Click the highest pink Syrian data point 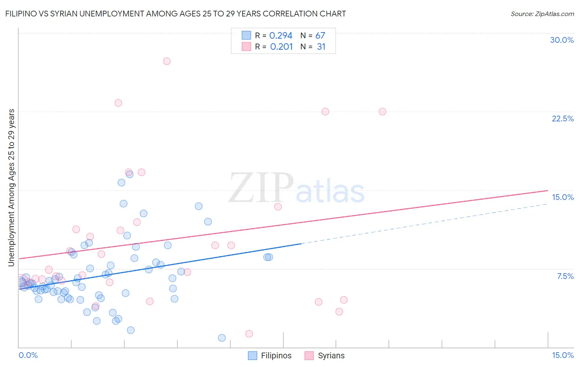pyautogui.click(x=167, y=61)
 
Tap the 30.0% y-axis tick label pyautogui.click(x=562, y=40)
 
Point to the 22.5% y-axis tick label pyautogui.click(x=563, y=118)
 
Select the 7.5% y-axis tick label pyautogui.click(x=565, y=276)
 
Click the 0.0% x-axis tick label pyautogui.click(x=28, y=355)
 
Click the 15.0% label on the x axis pyautogui.click(x=563, y=355)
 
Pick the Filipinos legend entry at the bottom pyautogui.click(x=270, y=355)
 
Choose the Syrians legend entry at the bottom pyautogui.click(x=325, y=355)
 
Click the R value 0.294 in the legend pyautogui.click(x=281, y=36)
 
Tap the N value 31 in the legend pyautogui.click(x=321, y=47)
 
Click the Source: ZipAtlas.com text pyautogui.click(x=542, y=14)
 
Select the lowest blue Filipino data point pyautogui.click(x=222, y=338)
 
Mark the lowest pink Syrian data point pyautogui.click(x=249, y=334)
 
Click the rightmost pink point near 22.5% pyautogui.click(x=382, y=112)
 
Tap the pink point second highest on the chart pyautogui.click(x=118, y=103)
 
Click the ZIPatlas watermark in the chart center pyautogui.click(x=297, y=188)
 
